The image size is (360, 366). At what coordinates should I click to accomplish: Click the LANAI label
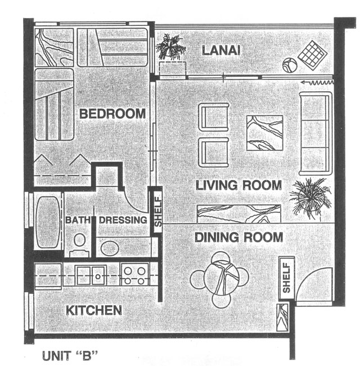[x=221, y=51]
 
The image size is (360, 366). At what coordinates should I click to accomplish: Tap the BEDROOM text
[x=112, y=114]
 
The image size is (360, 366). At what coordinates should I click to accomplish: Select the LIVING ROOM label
[x=238, y=185]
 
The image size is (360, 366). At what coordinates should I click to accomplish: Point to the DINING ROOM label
[x=238, y=237]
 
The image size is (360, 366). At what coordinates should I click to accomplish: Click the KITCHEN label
[x=94, y=310]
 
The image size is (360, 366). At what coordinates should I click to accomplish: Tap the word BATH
[x=78, y=220]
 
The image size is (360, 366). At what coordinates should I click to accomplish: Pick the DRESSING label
[x=123, y=220]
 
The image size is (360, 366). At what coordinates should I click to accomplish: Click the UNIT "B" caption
[x=70, y=356]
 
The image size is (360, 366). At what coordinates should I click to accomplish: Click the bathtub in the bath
[x=48, y=222]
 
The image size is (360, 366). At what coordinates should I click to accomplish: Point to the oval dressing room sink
[x=110, y=248]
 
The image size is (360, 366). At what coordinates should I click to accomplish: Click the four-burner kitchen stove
[x=134, y=275]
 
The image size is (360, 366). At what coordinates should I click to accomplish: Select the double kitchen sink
[x=91, y=275]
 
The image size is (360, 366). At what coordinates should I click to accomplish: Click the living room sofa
[x=316, y=134]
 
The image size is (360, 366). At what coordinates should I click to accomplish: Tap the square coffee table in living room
[x=264, y=133]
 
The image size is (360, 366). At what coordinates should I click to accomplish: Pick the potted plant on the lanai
[x=171, y=46]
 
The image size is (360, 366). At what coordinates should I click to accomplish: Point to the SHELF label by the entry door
[x=286, y=278]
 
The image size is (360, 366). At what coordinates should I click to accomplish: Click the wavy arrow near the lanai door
[x=317, y=82]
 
